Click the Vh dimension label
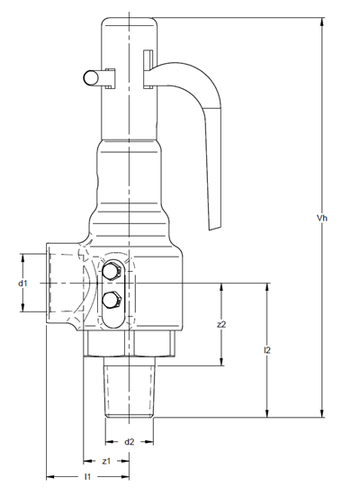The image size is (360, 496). tap(322, 218)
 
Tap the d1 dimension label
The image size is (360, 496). tap(22, 284)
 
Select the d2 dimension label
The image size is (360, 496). tap(129, 442)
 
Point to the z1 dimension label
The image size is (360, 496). tap(106, 461)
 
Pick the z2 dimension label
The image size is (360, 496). tap(221, 324)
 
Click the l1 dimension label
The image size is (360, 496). tap(87, 476)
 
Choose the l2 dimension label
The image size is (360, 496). tap(267, 350)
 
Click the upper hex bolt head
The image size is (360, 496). tap(112, 270)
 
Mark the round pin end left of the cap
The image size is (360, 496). tap(91, 77)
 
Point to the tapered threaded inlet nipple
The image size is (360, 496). tap(130, 392)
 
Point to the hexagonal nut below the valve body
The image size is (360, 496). tap(130, 344)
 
